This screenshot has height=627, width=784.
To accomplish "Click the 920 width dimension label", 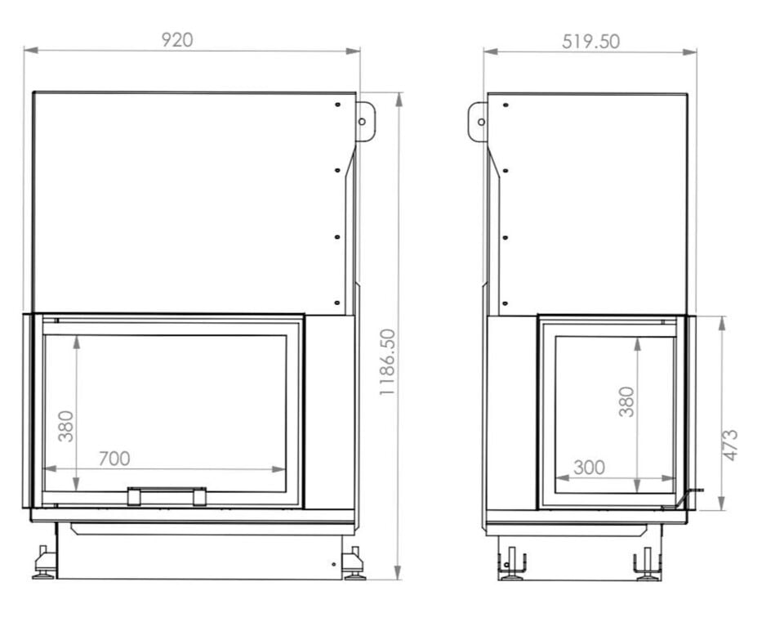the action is click(177, 40).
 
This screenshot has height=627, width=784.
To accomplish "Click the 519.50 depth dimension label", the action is click(590, 42).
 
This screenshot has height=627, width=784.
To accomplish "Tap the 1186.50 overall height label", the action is click(387, 362).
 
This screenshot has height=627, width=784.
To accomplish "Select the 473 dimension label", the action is click(730, 445).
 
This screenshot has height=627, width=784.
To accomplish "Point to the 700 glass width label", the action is click(114, 459).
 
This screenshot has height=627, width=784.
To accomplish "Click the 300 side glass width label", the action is click(589, 468).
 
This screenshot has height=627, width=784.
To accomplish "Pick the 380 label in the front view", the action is click(66, 427).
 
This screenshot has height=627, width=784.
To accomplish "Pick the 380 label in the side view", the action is click(626, 401).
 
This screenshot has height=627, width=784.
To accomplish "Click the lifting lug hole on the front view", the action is click(362, 122).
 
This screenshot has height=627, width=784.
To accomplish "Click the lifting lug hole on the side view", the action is click(481, 122).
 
